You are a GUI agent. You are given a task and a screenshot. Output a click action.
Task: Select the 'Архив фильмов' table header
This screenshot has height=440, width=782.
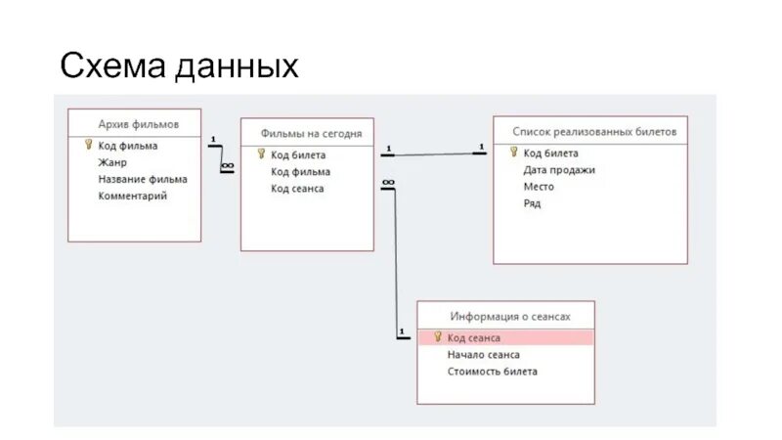[x=138, y=124]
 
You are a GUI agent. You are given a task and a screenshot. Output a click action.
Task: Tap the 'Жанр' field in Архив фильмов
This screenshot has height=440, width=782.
[x=112, y=162]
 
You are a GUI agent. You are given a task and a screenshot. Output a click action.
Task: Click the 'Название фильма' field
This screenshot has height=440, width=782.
[x=143, y=179]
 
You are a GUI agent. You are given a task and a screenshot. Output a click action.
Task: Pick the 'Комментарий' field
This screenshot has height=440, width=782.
[x=133, y=196]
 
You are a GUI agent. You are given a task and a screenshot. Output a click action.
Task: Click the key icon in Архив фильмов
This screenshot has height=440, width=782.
[x=87, y=145]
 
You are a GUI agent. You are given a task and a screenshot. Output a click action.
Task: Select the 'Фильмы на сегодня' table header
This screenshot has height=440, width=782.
[x=311, y=133]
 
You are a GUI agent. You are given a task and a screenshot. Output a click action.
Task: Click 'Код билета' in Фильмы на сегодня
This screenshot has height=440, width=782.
[x=298, y=154]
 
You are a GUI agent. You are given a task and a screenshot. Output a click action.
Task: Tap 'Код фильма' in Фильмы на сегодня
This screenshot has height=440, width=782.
[x=300, y=171]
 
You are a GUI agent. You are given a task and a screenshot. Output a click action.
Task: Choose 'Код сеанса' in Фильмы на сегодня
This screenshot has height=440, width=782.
[x=297, y=188]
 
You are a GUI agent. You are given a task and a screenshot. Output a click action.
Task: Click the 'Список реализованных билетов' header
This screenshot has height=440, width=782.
[x=594, y=131]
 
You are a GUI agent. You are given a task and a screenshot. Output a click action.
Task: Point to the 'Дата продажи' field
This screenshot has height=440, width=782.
[x=559, y=169]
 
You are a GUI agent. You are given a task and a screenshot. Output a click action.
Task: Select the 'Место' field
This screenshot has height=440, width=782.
[x=539, y=186]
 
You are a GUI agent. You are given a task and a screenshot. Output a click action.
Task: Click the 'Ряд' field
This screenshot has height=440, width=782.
[x=532, y=203]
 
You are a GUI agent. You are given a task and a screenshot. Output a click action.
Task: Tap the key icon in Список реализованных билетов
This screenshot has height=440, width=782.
[x=513, y=152]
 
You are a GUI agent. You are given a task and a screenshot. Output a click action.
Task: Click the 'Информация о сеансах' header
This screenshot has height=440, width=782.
[x=509, y=317]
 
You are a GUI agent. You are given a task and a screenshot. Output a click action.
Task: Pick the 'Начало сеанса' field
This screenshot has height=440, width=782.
[x=483, y=355]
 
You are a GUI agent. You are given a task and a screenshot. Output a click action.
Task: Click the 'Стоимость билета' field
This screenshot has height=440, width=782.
[x=492, y=372]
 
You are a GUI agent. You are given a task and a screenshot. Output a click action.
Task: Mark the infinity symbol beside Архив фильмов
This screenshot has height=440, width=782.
[x=227, y=166]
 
